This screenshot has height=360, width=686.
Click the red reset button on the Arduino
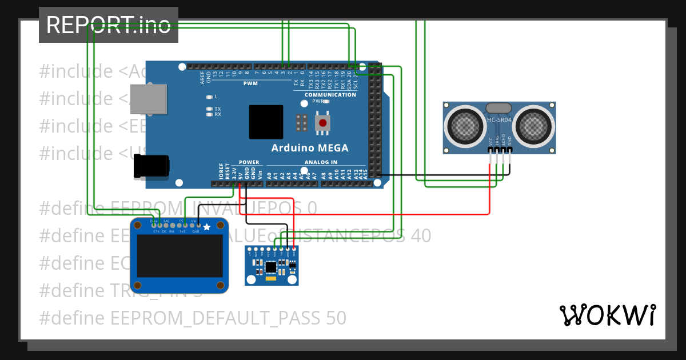point(324,122)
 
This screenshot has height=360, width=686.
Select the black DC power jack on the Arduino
point(151,166)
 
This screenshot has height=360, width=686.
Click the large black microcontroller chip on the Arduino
point(266,122)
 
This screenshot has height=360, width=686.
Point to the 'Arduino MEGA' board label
point(309,148)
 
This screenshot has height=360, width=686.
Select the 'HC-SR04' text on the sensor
point(499,119)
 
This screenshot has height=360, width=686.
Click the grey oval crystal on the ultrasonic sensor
point(499,108)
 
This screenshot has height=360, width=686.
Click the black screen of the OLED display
point(180,255)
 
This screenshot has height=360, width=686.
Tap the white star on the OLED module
point(207,227)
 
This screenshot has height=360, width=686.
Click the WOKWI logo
point(607,315)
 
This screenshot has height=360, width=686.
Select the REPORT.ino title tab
point(109,25)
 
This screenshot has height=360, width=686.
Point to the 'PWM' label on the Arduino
point(250,83)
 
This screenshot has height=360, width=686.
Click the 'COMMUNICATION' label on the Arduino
point(330,95)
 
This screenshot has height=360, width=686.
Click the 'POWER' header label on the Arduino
point(249,162)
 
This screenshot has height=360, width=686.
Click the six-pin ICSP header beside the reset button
point(302,122)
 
